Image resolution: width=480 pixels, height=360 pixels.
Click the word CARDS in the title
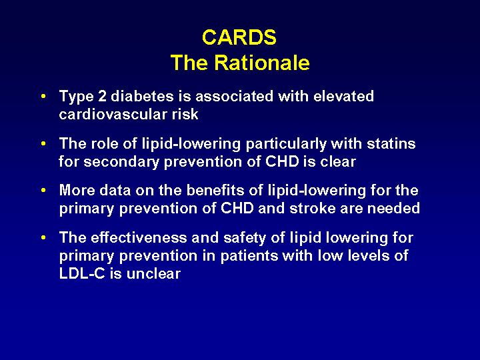pyautogui.click(x=239, y=37)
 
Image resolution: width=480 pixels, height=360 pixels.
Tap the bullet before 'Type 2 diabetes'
pyautogui.click(x=43, y=97)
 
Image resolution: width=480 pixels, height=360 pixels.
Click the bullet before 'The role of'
pyautogui.click(x=43, y=143)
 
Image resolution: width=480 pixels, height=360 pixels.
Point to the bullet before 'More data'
pyautogui.click(x=43, y=191)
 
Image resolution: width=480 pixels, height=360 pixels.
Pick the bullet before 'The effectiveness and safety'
pyautogui.click(x=43, y=237)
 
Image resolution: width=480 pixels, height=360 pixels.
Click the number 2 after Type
pyautogui.click(x=102, y=96)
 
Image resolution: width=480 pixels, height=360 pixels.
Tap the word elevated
pyautogui.click(x=343, y=96)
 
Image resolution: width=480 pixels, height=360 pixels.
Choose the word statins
pyautogui.click(x=391, y=143)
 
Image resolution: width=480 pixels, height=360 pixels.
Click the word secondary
pyautogui.click(x=121, y=161)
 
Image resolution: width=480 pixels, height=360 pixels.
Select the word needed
pyautogui.click(x=393, y=209)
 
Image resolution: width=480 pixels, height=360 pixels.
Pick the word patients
pyautogui.click(x=249, y=256)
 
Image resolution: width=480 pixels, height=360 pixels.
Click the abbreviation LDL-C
pyautogui.click(x=82, y=274)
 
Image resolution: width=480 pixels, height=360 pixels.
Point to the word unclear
pyautogui.click(x=153, y=274)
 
